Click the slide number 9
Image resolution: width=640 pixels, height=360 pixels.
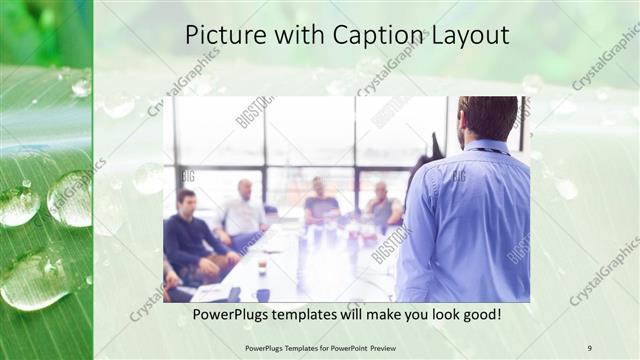point(589,347)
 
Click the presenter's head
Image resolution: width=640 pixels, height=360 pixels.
point(487,118)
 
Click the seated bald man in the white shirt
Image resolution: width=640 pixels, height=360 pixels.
point(243,212)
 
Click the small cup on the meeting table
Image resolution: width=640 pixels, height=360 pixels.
point(262,268)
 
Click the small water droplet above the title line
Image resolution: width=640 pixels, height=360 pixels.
point(81,87)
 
